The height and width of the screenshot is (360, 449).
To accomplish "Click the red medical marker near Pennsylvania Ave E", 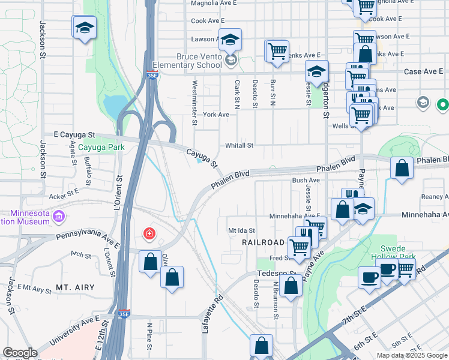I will (x=149, y=233).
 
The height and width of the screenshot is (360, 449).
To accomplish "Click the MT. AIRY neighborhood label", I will (x=75, y=288).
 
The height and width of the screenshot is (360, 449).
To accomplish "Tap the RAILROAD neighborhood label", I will (x=262, y=242).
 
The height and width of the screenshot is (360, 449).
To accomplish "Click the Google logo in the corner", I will (x=20, y=353).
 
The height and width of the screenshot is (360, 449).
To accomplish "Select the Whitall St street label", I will (x=240, y=145).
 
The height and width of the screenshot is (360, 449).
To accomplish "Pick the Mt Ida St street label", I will (x=241, y=230).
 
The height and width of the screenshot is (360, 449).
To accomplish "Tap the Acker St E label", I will (x=64, y=194).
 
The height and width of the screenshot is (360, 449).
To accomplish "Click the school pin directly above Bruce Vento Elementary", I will (x=229, y=39).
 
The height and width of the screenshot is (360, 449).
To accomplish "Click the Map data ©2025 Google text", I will (x=411, y=355).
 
